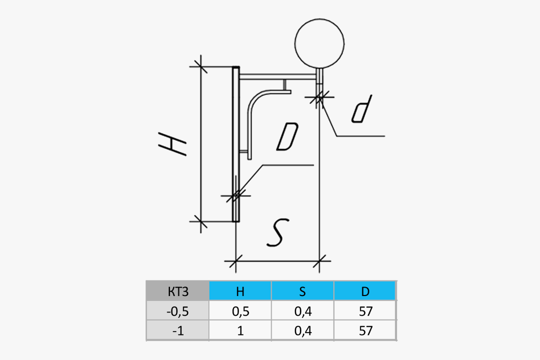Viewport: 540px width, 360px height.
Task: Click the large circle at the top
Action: pyautogui.click(x=319, y=42)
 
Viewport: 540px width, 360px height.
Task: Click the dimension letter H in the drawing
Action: pyautogui.click(x=172, y=144)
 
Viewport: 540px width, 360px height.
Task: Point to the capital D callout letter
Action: pyautogui.click(x=287, y=137)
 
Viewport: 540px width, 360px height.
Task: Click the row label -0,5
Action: pyautogui.click(x=177, y=311)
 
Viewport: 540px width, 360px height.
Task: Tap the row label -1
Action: pyautogui.click(x=177, y=331)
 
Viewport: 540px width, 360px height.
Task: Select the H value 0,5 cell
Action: pyautogui.click(x=240, y=311)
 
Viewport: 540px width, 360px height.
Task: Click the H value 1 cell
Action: pyautogui.click(x=240, y=331)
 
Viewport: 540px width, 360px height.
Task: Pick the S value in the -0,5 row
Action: pyautogui.click(x=302, y=311)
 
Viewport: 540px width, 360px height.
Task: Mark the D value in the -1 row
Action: pyautogui.click(x=365, y=331)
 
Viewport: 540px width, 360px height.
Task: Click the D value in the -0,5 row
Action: pyautogui.click(x=365, y=311)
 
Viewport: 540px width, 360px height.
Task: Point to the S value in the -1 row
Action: pyautogui.click(x=302, y=331)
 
